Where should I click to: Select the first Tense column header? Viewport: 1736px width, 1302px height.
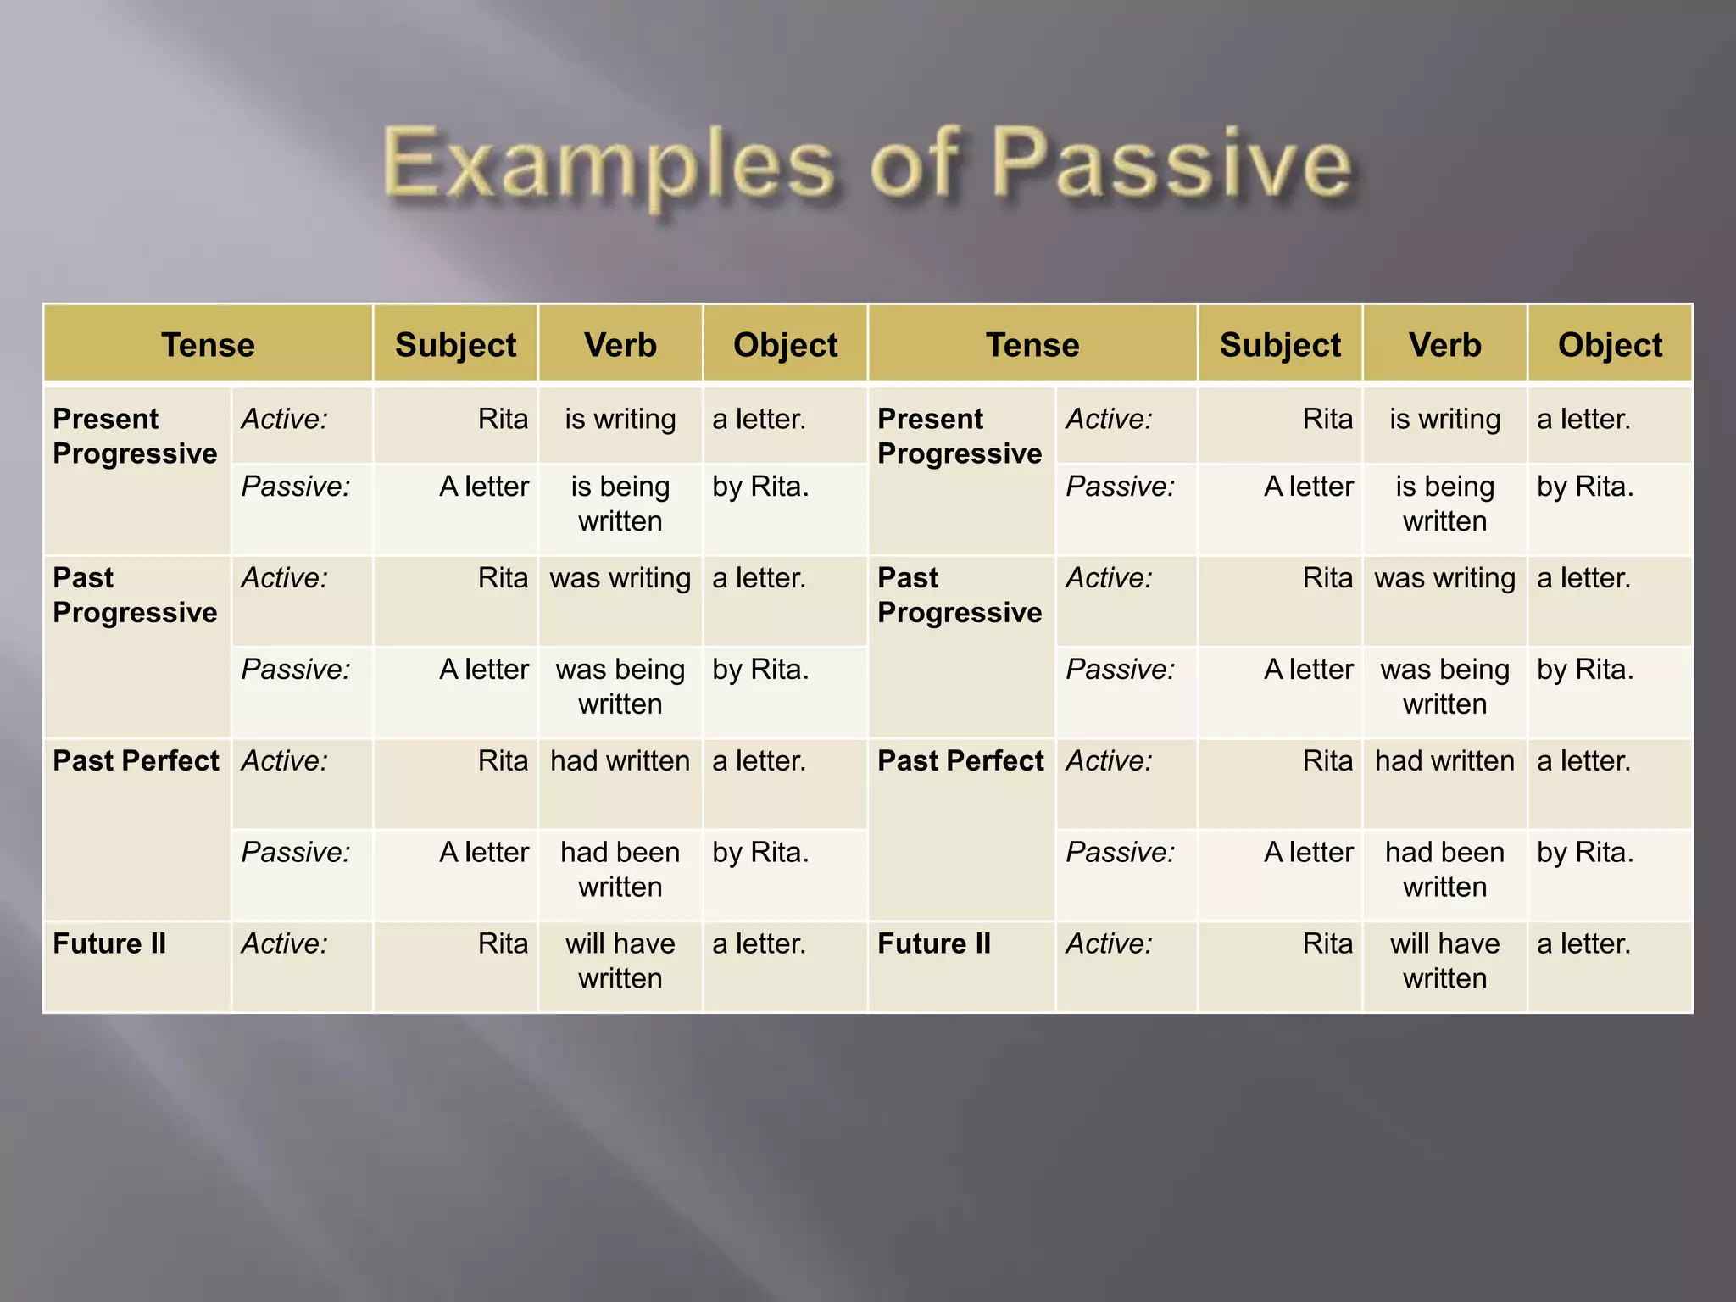point(208,345)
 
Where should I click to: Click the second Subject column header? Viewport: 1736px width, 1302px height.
point(1280,345)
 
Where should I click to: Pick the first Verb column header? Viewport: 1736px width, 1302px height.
point(620,345)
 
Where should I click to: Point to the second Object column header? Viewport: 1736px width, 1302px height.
point(1610,345)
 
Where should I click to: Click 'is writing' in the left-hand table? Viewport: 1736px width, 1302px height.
point(620,419)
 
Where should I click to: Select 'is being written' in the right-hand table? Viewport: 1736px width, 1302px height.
point(1444,504)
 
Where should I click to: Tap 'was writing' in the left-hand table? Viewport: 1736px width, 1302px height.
point(620,578)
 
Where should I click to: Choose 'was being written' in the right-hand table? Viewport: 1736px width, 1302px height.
point(1444,687)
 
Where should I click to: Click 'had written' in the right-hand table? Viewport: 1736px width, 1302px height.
point(1444,761)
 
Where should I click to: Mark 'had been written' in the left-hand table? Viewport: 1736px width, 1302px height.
point(620,870)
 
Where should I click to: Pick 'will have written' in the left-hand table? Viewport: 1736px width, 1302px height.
point(620,961)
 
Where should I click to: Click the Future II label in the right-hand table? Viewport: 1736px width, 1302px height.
point(934,943)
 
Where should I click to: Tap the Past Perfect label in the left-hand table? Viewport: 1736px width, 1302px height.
point(136,761)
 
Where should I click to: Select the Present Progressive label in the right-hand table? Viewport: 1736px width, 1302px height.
point(960,437)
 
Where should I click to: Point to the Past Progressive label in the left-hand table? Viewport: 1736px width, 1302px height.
point(135,595)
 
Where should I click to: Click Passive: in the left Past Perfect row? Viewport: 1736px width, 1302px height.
point(296,853)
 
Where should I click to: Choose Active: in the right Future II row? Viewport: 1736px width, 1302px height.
point(1109,943)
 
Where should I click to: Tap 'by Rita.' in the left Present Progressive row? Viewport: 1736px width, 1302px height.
point(760,487)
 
